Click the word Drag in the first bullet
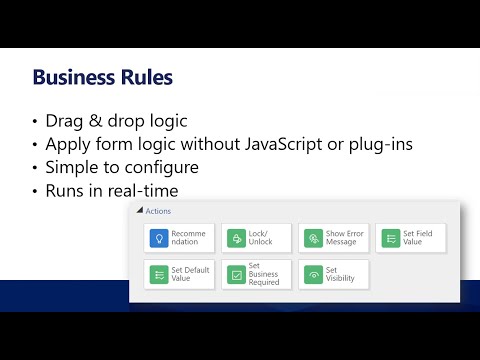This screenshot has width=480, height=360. [66, 122]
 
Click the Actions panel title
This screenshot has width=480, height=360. [158, 211]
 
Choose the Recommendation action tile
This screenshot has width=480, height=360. [179, 238]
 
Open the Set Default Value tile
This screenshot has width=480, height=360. [179, 274]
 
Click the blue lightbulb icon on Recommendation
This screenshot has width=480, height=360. [157, 238]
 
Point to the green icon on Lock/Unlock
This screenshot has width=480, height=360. [235, 238]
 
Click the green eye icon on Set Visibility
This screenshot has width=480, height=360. [312, 274]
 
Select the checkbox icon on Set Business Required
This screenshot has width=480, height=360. [235, 274]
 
